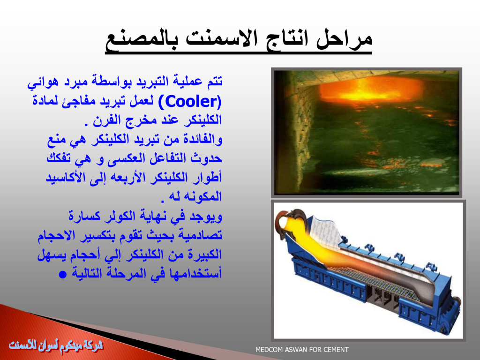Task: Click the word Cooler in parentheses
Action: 190,102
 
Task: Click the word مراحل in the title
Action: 345,39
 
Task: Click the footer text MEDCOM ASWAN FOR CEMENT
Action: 302,350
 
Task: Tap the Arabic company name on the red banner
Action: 56,345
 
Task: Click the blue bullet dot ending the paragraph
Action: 62,274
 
